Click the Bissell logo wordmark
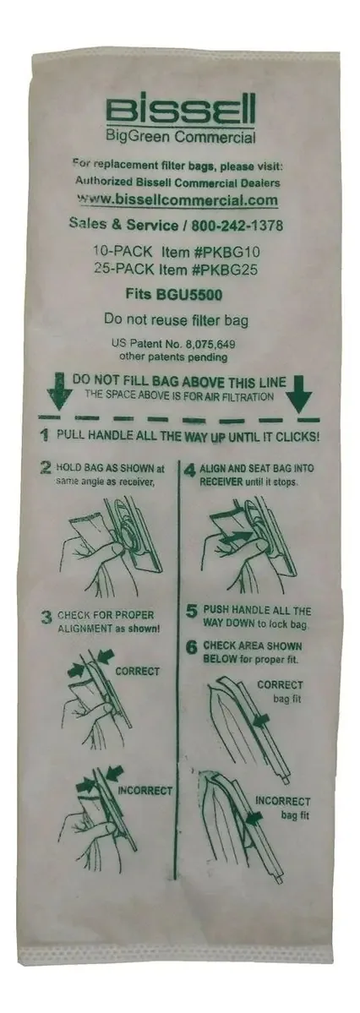tap(180, 111)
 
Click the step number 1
tap(45, 436)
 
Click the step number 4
tap(190, 470)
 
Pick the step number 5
tap(192, 612)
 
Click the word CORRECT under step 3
tap(137, 672)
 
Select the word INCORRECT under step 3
tap(145, 790)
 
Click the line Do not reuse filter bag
tap(176, 319)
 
